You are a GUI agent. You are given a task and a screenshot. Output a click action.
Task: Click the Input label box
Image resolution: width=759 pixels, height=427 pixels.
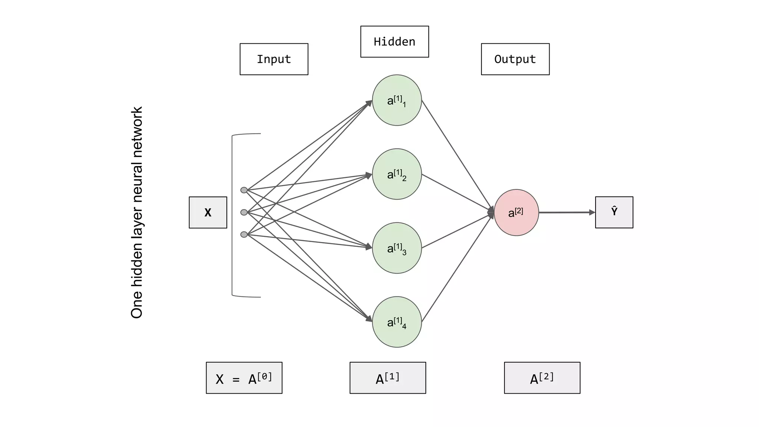pos(274,59)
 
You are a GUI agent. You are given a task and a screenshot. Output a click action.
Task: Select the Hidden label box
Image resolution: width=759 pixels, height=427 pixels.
pos(394,42)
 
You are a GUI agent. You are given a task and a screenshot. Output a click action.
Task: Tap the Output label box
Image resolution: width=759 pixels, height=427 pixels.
pos(515,59)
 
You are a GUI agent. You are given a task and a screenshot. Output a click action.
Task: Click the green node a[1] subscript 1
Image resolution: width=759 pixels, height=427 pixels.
pos(397,100)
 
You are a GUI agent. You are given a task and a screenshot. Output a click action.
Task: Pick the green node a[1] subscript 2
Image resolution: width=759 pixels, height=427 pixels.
pos(397,174)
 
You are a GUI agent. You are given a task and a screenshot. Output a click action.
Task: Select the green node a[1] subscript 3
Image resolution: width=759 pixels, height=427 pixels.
pos(397,248)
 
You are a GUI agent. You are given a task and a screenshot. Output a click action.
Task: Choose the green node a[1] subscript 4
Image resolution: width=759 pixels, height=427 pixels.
pos(397,322)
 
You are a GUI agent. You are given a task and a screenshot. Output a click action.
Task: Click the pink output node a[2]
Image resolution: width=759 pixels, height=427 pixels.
pos(516,212)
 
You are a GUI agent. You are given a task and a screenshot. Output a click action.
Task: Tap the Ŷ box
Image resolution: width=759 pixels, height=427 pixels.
pos(614,212)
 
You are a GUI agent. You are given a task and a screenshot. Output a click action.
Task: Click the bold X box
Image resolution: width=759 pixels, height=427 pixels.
pos(208,212)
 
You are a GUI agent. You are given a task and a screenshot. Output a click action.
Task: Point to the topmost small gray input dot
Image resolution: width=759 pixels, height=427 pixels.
pos(244,190)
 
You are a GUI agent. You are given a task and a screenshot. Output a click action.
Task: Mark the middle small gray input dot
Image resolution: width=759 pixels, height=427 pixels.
pos(244,212)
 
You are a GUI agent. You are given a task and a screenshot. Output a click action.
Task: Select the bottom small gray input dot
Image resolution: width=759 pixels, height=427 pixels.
pos(244,234)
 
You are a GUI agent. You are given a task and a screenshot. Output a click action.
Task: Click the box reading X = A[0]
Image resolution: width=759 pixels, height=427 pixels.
pos(244,378)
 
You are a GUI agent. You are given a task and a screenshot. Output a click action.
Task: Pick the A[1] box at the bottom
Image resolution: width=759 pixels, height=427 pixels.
pos(388,378)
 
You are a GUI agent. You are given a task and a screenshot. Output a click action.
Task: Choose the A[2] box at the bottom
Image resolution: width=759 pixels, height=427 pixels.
pos(542,378)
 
